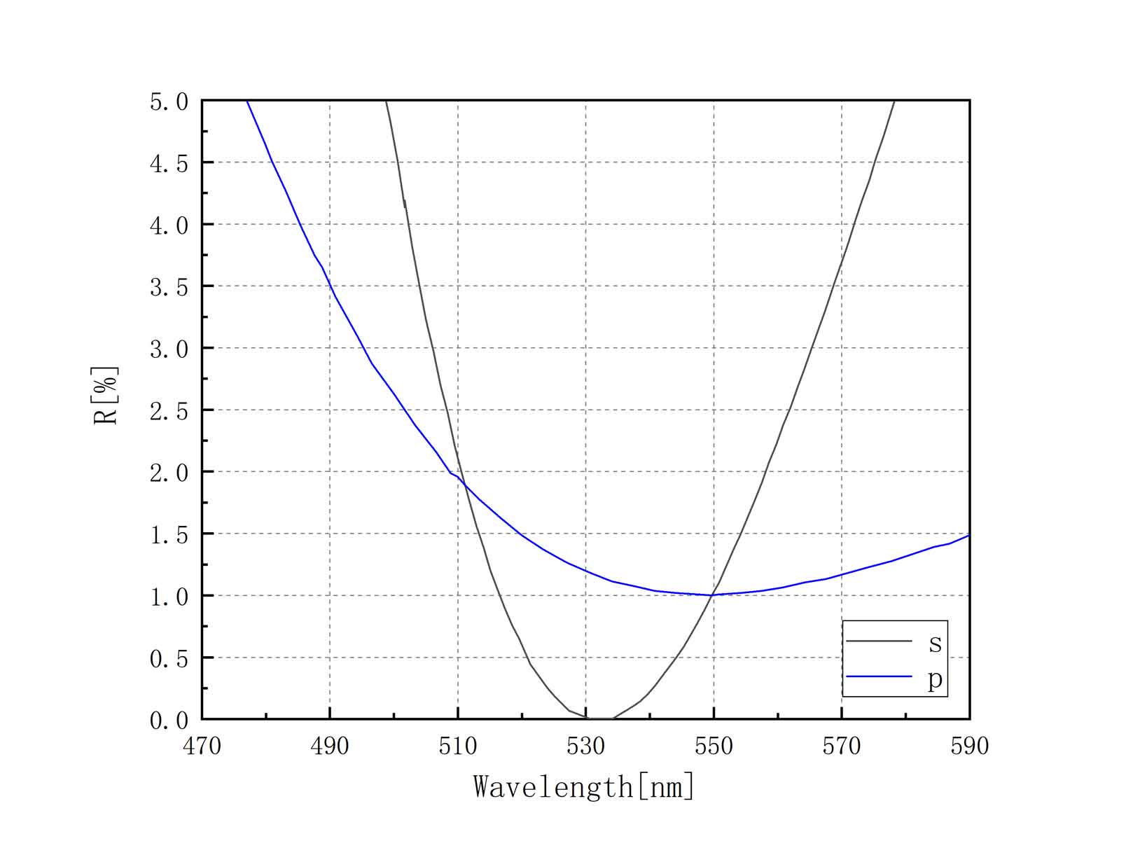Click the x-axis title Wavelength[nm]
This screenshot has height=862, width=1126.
pos(584,786)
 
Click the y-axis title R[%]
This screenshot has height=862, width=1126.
pos(106,396)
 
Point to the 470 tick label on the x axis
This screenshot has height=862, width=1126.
pos(202,746)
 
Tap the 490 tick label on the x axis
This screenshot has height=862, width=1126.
pos(330,746)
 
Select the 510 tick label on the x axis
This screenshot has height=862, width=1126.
pos(458,746)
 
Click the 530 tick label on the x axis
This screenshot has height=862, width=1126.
pos(585,746)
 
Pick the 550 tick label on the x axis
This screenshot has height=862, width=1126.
pos(714,746)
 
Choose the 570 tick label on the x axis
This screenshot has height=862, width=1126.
pos(842,746)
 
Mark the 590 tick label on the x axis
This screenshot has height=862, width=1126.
pos(969,746)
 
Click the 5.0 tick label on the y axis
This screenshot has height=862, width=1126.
pos(169,102)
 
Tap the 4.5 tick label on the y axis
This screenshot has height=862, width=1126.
pos(169,163)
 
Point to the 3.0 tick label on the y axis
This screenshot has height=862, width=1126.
pos(169,349)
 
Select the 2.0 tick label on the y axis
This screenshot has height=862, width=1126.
pos(169,473)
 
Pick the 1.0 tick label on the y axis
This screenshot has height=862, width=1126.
pos(169,597)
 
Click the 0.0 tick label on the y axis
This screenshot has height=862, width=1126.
pos(169,720)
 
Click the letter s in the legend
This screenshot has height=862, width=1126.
pos(935,642)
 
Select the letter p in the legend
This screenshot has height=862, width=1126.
pos(935,679)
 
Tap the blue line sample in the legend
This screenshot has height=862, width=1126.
pos(879,676)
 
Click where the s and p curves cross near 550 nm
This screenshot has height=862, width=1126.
pos(713,595)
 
